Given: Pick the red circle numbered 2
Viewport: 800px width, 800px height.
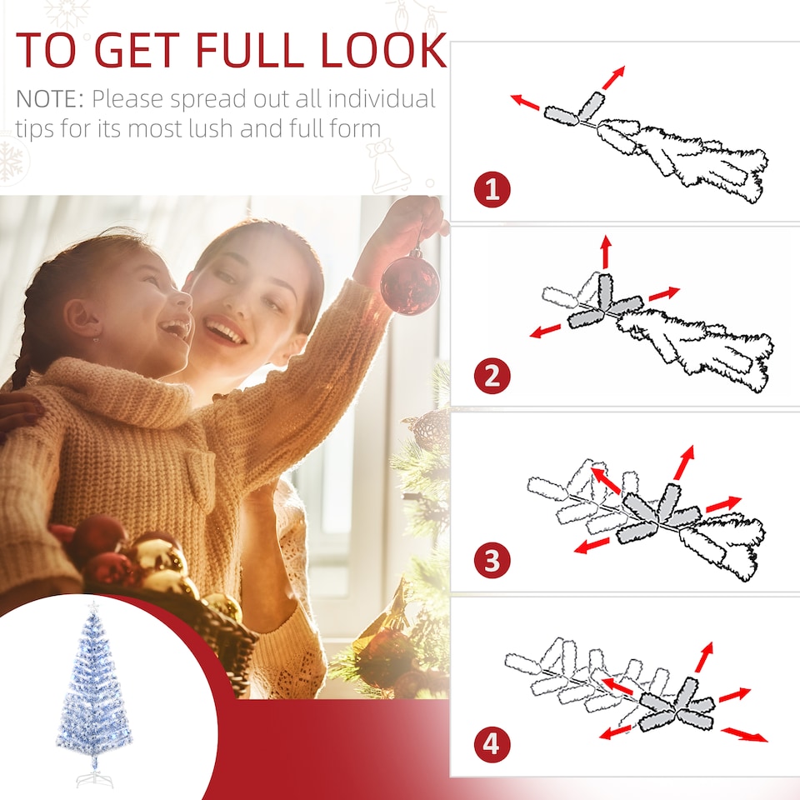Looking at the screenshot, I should click(492, 377).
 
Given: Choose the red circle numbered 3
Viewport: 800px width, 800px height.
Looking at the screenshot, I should click(492, 560).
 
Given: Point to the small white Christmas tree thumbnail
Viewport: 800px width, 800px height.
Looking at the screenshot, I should click(94, 692).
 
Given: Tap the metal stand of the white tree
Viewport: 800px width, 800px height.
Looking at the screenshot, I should click(94, 778).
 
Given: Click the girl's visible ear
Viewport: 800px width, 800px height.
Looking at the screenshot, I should click(82, 317).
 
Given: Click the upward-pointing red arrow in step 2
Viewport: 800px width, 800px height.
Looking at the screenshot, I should click(606, 250).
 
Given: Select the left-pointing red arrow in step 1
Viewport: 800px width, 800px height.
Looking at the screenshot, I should click(525, 102).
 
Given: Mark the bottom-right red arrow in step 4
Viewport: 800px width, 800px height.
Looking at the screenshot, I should click(744, 734).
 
